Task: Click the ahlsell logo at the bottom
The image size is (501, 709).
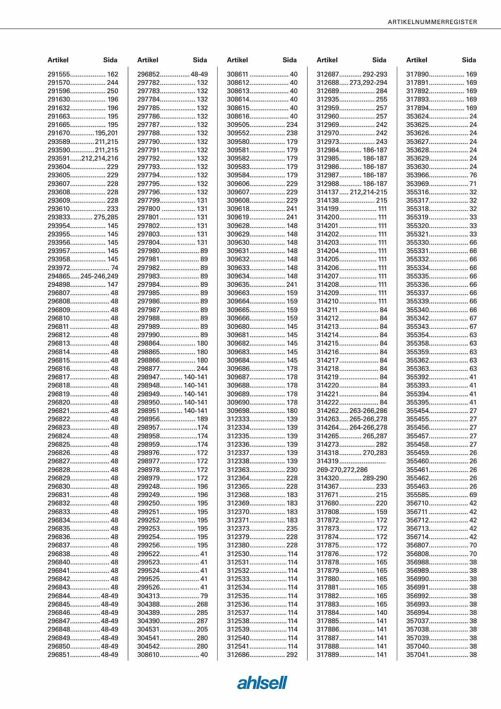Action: point(262,682)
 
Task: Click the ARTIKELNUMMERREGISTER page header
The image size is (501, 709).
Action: point(432,22)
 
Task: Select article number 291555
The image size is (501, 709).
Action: point(59,74)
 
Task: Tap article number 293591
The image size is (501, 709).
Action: point(59,158)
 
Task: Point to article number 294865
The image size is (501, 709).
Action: point(59,276)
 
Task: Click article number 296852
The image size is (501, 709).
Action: point(148,74)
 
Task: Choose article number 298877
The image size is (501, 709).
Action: point(148,369)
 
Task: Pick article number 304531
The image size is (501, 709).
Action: point(148,629)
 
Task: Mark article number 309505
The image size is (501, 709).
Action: point(238,125)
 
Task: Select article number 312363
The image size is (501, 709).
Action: point(238,470)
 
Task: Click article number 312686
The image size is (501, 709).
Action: point(238,655)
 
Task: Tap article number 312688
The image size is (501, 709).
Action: point(328,83)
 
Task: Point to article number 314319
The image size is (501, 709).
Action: point(328,461)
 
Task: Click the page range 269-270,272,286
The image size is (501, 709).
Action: point(342,470)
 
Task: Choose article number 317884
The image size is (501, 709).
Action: point(328,613)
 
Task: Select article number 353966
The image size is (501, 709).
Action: point(417,175)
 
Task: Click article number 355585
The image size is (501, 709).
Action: point(417,495)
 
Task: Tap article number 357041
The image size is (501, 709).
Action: point(417,655)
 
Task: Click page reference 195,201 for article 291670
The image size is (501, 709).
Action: point(106,133)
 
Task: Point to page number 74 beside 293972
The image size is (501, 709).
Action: point(114,268)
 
